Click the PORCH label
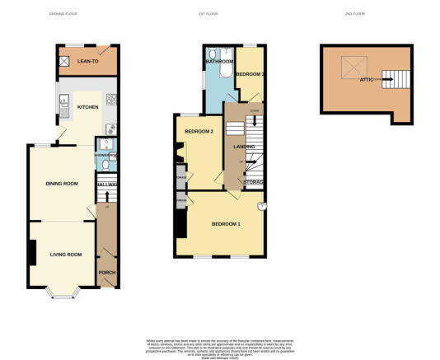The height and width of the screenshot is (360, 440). coord(106,273)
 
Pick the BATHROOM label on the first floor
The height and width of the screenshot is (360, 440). coord(219,62)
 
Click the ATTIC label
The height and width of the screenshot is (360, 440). coord(366,79)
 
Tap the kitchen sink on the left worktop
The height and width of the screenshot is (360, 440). coord(63,102)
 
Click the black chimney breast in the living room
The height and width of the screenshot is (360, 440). coord(31,253)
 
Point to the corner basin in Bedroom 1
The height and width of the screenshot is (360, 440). coord(263,205)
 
